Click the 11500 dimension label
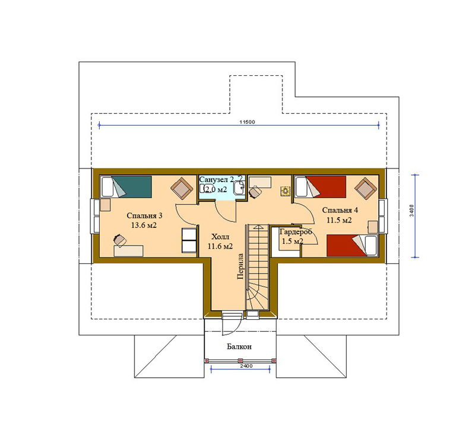[x=247, y=122]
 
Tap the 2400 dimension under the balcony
[x=246, y=366]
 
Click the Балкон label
[x=239, y=346]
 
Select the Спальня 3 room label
[x=144, y=215]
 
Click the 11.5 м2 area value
[x=339, y=220]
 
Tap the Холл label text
[x=220, y=237]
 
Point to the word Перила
[x=240, y=266]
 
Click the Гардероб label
[x=295, y=232]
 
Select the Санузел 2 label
[x=216, y=179]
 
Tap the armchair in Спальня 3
[x=182, y=188]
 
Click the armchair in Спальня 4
[x=366, y=189]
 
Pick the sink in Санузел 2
[x=239, y=184]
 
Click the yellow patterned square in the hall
[x=286, y=191]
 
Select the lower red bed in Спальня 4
[x=351, y=246]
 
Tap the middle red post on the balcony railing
[x=240, y=361]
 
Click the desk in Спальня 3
[x=128, y=251]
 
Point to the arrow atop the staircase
[x=258, y=227]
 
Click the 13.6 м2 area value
[x=144, y=225]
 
